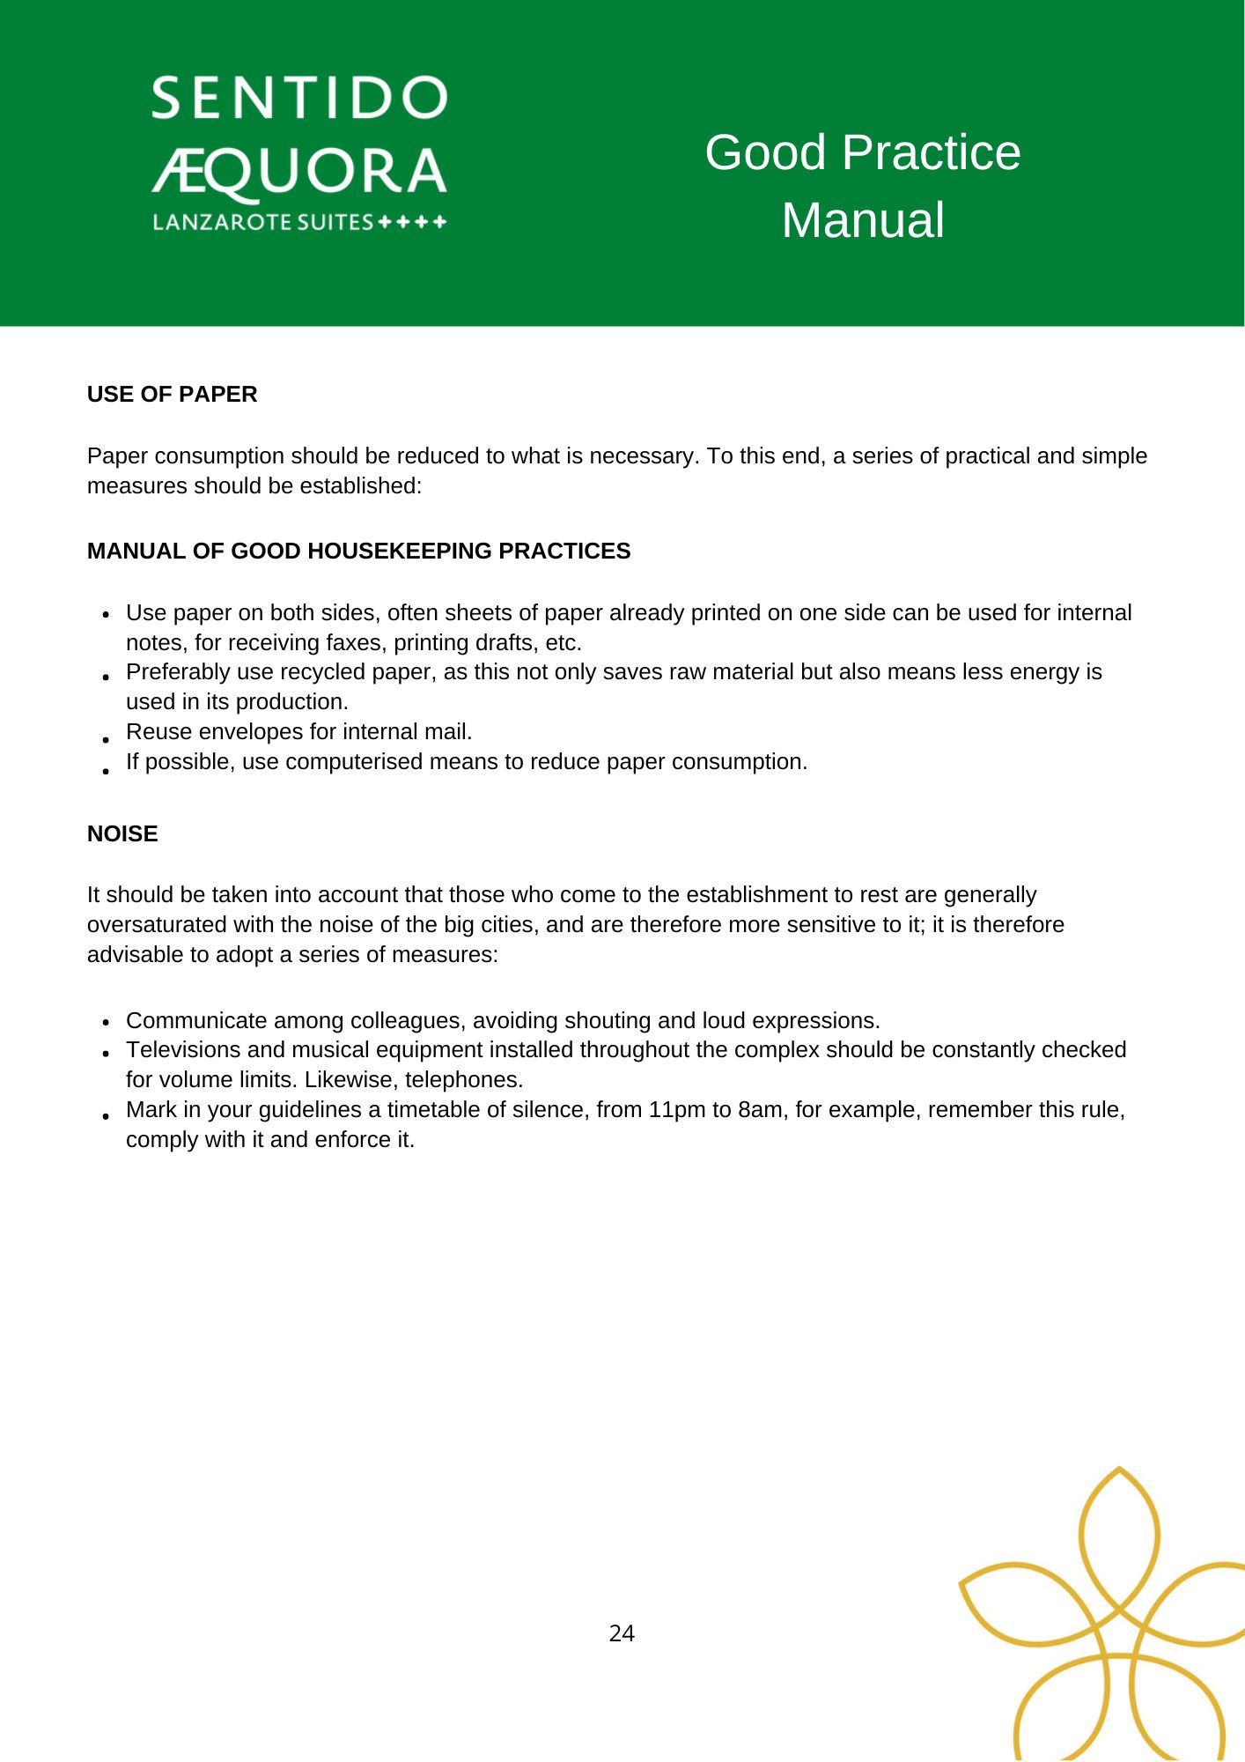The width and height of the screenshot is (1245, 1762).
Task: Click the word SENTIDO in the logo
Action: click(x=299, y=98)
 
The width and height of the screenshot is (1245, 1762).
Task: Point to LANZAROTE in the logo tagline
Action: click(x=222, y=222)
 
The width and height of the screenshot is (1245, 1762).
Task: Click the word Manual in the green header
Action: click(x=863, y=220)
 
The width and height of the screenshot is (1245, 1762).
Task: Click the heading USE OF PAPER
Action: click(x=172, y=394)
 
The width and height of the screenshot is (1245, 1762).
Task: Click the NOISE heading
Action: click(x=122, y=833)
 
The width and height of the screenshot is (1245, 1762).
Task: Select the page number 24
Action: click(x=622, y=1633)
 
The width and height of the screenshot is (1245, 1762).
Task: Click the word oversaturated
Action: click(x=157, y=924)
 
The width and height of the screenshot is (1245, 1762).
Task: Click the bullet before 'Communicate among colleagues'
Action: click(x=106, y=1022)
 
